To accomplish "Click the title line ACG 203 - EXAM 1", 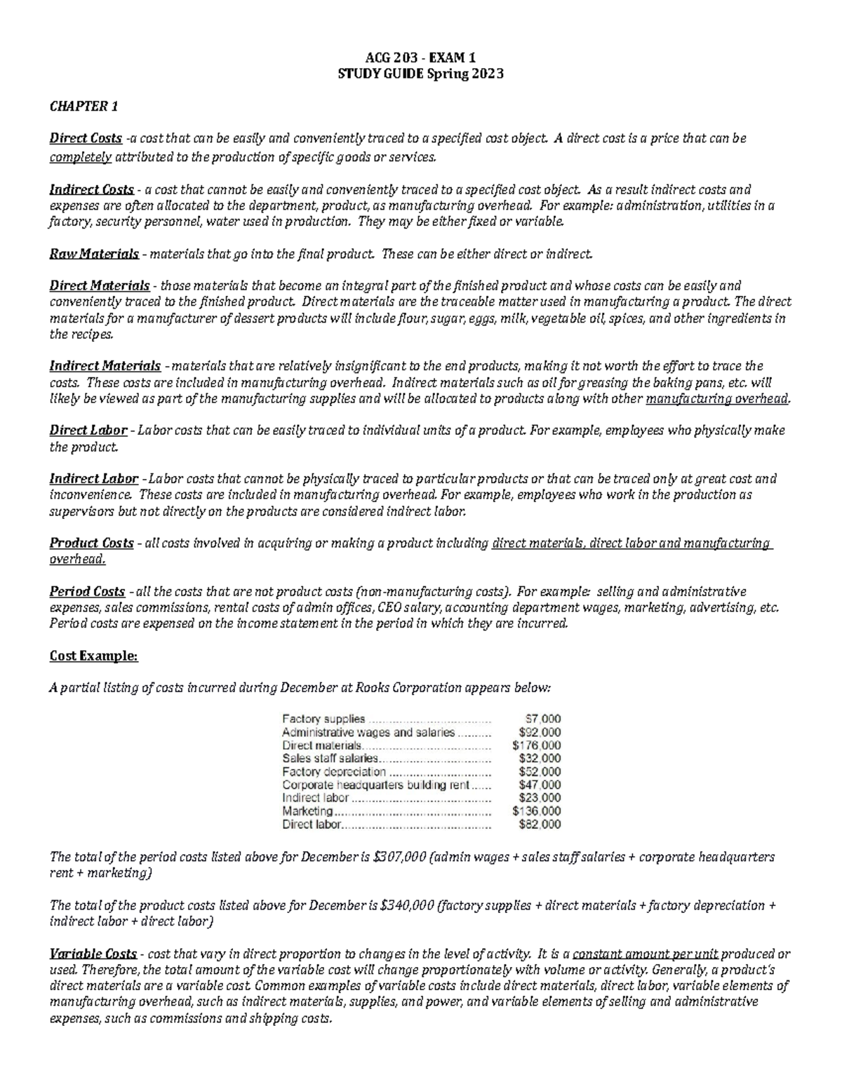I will [x=420, y=58].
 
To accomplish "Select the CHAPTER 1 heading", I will [x=83, y=107].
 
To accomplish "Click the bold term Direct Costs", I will [x=86, y=139].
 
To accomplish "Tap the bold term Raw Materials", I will [x=94, y=254].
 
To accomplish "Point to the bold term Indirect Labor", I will [x=94, y=479].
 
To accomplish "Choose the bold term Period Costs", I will [x=87, y=592].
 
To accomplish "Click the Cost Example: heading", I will [x=93, y=656].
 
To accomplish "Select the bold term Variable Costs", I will [x=93, y=954].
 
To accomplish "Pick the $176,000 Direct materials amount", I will [x=537, y=745].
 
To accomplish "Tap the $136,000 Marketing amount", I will [x=537, y=811].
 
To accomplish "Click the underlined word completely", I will [x=81, y=157].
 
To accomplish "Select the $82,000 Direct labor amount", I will [x=540, y=825].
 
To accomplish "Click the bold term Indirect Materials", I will [x=105, y=366].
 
